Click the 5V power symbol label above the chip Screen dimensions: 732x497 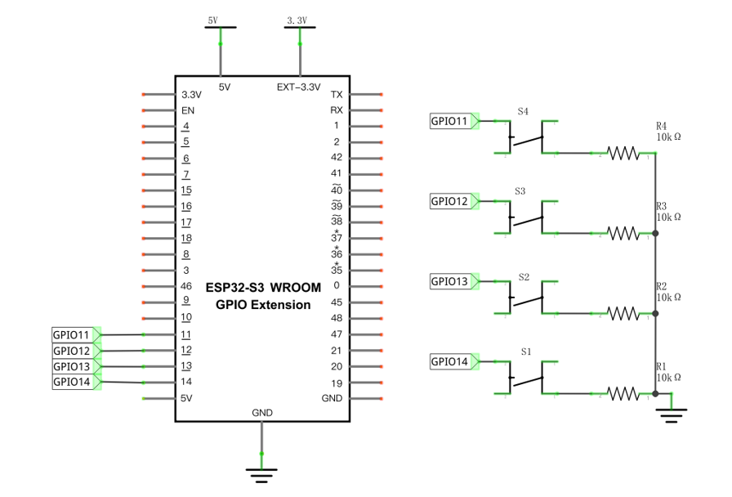[213, 20]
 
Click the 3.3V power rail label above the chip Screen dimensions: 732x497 [297, 20]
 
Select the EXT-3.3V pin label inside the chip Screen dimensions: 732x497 [299, 87]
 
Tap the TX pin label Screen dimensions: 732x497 [337, 94]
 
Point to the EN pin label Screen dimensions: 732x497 [188, 110]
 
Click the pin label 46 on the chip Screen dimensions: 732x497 [186, 286]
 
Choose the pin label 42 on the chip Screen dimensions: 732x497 [337, 158]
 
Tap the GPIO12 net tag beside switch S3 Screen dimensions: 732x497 [454, 201]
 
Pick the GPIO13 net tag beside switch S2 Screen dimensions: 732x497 [454, 282]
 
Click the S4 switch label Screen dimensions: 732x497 [523, 112]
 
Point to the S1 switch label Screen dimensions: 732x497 [526, 351]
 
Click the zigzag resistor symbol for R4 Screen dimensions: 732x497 [623, 153]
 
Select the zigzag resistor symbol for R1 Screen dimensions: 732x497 [623, 394]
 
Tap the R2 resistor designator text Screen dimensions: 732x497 [661, 286]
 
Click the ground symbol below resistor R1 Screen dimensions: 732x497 [672, 415]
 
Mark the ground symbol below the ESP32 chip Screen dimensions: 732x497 [261, 476]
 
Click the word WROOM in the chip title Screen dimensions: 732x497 [296, 288]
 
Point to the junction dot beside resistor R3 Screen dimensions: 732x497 [655, 233]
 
